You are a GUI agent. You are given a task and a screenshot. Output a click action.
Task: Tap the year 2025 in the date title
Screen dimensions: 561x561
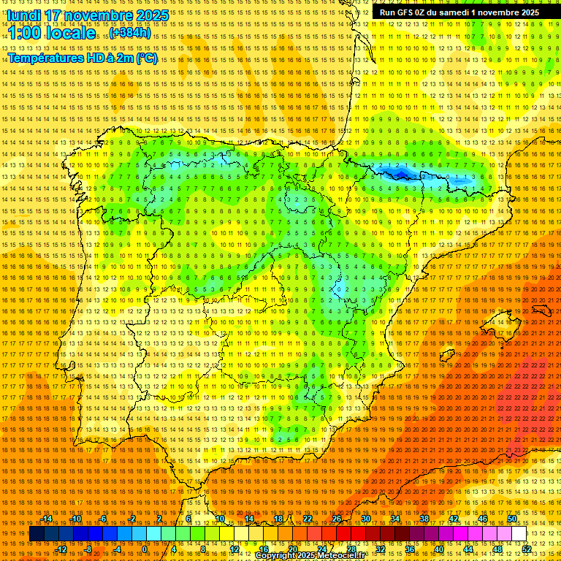point(151,15)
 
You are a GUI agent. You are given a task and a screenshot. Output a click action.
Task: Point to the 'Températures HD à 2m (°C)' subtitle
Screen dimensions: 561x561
point(83,58)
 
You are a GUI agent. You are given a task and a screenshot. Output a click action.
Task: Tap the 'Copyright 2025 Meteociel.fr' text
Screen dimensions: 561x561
point(320,556)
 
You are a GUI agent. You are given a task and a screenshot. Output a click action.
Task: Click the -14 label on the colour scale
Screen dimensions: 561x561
point(47,519)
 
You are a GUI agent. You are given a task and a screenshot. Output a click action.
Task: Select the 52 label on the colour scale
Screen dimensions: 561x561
point(527,549)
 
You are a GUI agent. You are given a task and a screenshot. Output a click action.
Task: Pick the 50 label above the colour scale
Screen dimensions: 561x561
point(512,519)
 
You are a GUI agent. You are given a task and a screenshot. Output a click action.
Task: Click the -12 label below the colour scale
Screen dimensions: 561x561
point(62,549)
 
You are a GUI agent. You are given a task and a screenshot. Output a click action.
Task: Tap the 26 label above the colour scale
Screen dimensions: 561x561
point(337,519)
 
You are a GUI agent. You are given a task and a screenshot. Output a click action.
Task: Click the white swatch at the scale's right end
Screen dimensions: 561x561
point(519,534)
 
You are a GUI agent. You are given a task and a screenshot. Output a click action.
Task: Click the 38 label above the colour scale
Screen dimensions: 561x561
point(424,519)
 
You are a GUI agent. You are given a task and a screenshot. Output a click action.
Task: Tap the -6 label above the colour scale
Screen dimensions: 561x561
point(104,519)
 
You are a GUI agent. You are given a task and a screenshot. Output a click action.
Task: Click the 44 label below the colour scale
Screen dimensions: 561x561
point(468,549)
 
